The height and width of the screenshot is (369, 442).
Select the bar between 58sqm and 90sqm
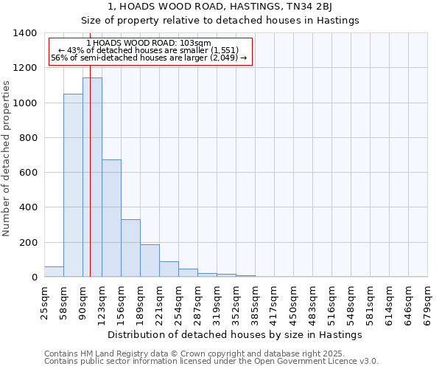pos(73,185)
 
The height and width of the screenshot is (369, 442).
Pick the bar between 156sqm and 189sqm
pos(130,248)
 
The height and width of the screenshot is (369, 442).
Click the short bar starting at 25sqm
pos(54,272)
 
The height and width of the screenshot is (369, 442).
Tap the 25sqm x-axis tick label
pos(44,301)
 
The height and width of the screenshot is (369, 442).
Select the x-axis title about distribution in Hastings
pos(235,334)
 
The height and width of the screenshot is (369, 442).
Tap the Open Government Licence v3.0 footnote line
pos(211,362)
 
